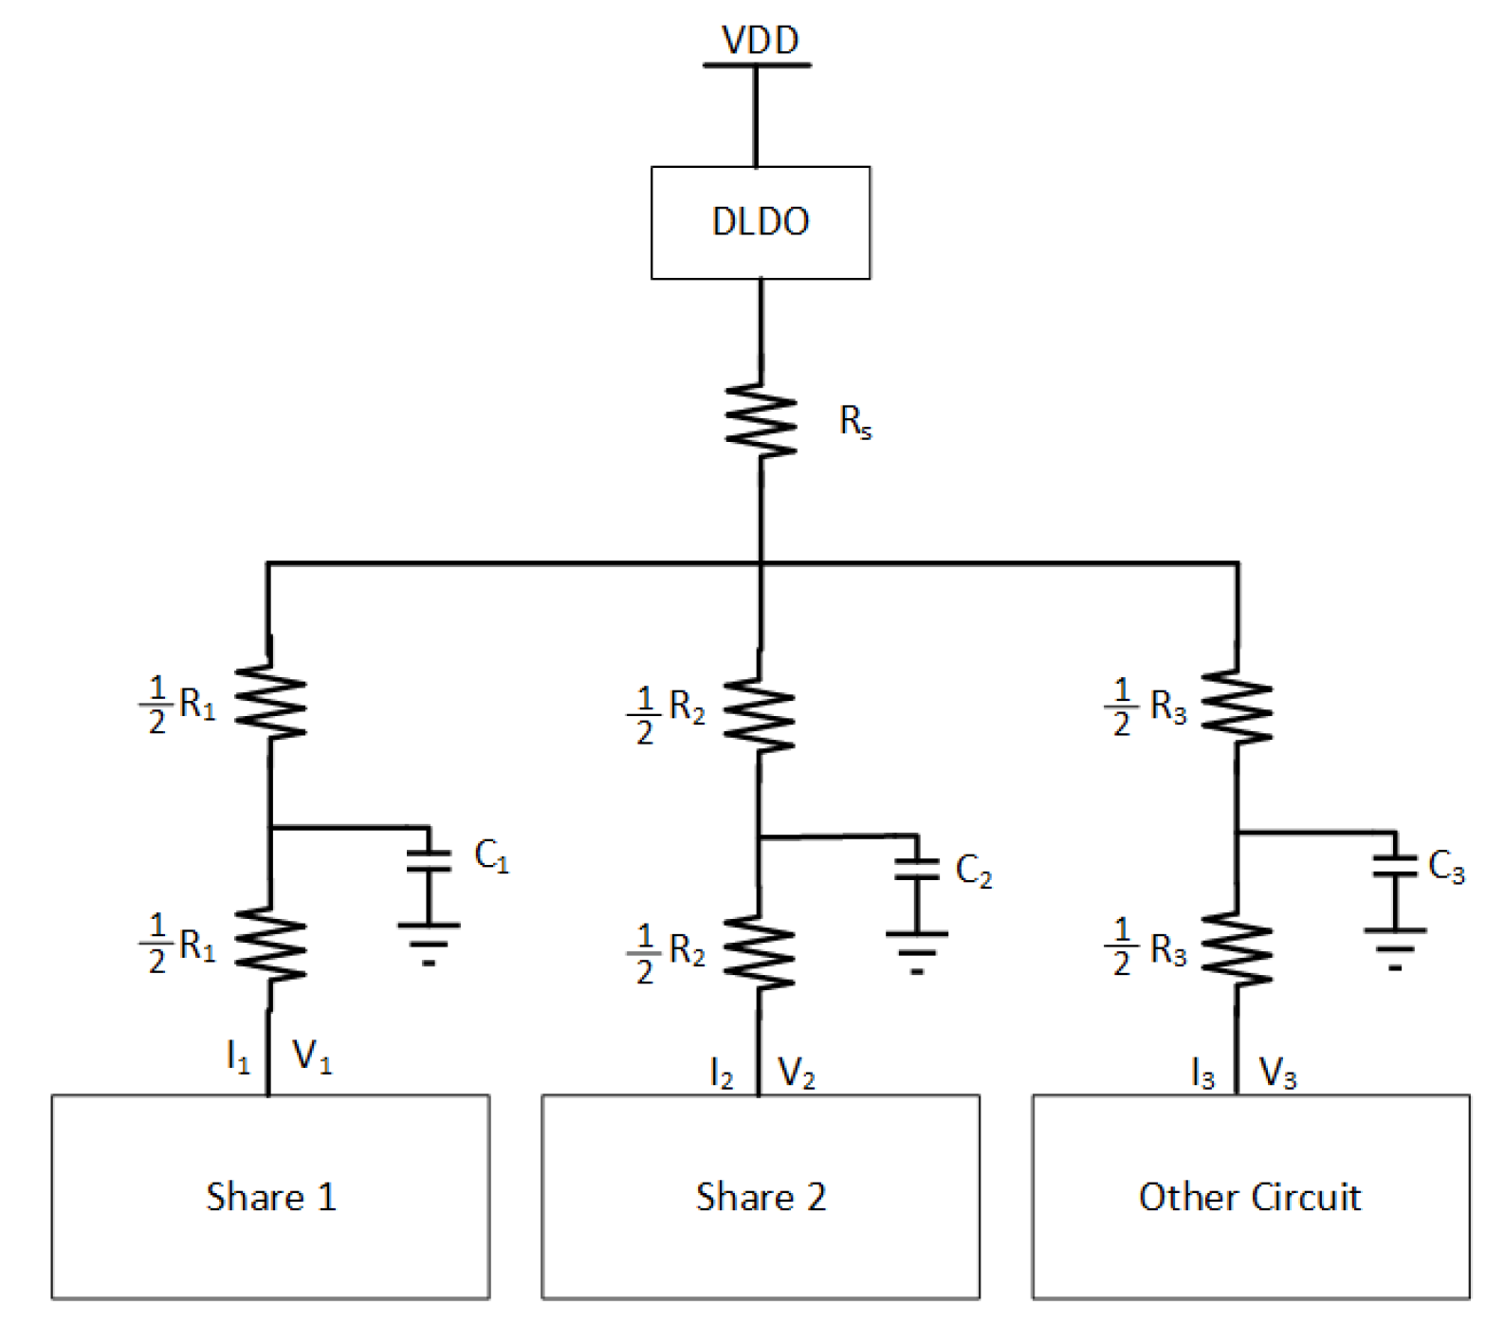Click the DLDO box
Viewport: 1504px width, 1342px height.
[x=760, y=223]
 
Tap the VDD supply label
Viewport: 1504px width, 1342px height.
[x=760, y=40]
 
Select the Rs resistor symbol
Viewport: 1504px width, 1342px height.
[x=761, y=421]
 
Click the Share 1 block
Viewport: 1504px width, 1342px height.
[x=270, y=1197]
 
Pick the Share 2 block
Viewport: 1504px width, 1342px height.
[x=760, y=1197]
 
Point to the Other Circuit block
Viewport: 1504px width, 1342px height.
[x=1250, y=1197]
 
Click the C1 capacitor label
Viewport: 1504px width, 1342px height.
[x=491, y=855]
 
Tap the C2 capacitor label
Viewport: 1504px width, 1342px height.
[x=973, y=870]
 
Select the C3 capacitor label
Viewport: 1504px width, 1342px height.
[x=1445, y=866]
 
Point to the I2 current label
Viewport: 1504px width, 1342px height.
[x=722, y=1074]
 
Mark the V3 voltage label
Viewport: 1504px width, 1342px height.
[x=1277, y=1074]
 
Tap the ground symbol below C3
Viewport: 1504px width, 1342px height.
[x=1395, y=947]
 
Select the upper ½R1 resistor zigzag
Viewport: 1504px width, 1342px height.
[x=271, y=702]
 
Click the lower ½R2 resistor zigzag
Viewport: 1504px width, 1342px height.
[x=759, y=952]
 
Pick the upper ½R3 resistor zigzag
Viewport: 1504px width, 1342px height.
[x=1237, y=707]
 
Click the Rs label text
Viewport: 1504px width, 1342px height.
[x=854, y=421]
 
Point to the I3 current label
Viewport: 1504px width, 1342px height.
[x=1202, y=1074]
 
